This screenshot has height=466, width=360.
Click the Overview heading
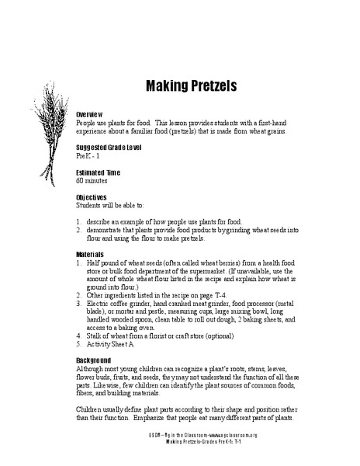pos(92,113)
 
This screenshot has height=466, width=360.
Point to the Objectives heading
pos(95,197)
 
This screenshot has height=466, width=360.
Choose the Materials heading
pos(94,255)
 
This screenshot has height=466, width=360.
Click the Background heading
pos(97,362)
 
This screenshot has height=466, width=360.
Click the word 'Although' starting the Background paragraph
pos(92,370)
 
